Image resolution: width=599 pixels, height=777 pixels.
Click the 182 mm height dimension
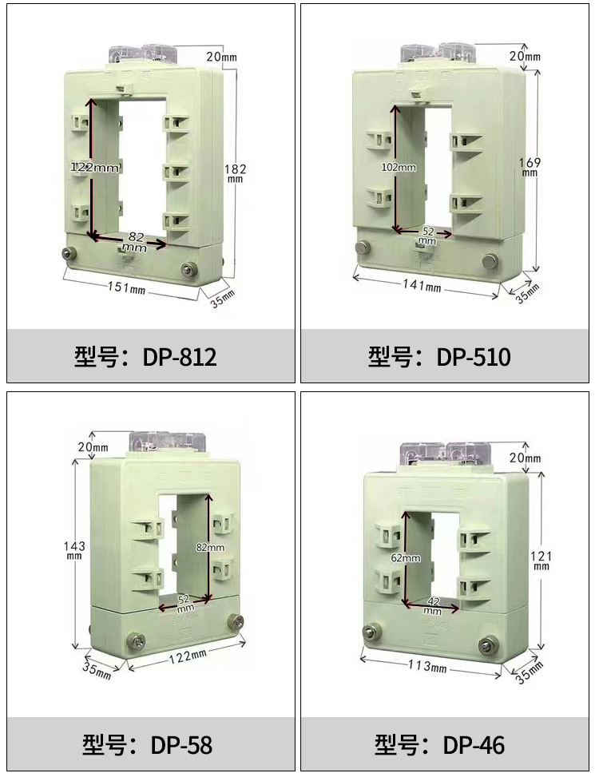(235, 172)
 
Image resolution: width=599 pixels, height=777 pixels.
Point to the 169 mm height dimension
(530, 166)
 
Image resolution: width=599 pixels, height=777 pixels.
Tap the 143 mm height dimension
(74, 549)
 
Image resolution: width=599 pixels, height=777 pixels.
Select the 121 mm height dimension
(541, 560)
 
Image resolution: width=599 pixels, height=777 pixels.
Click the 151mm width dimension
(127, 287)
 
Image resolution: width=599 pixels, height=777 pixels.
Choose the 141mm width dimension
(422, 285)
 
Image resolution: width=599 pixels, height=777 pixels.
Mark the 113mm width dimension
(427, 666)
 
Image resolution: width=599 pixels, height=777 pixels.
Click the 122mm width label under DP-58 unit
(188, 656)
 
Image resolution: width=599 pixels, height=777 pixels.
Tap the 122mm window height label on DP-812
(94, 168)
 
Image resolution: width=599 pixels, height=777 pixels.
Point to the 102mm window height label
(399, 167)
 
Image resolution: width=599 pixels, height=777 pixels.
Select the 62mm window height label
(406, 558)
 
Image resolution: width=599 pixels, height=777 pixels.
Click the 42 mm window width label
(433, 606)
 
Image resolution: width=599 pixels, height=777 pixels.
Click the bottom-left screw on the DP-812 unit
(67, 254)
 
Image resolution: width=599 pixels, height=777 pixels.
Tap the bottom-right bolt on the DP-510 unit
(490, 260)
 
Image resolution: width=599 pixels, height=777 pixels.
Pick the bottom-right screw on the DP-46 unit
(486, 646)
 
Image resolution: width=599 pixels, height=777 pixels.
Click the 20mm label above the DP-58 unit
(93, 447)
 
